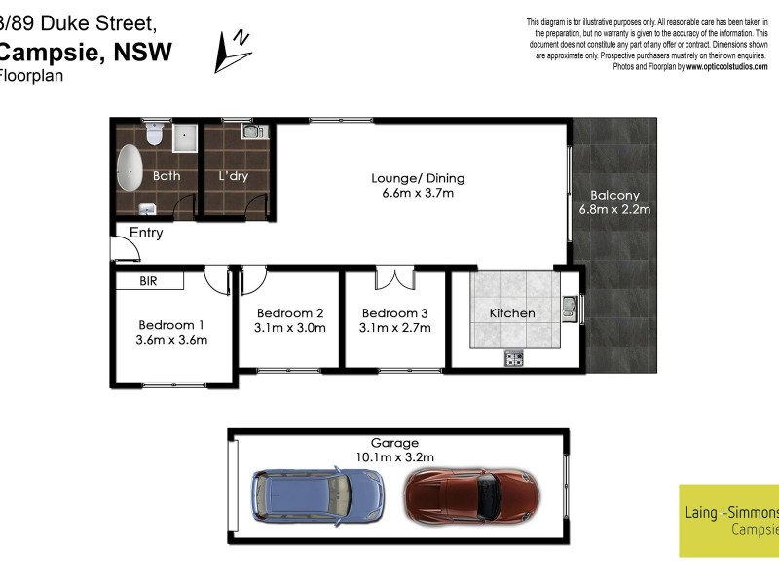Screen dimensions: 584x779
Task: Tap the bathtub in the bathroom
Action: tap(130, 168)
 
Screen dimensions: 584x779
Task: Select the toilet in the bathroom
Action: tap(153, 134)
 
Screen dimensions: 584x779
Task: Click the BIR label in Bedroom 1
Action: tap(149, 281)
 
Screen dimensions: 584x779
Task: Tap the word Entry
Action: tap(146, 234)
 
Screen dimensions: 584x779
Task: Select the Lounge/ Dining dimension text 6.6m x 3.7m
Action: tap(418, 194)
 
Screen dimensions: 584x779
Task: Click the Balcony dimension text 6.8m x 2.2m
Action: tap(614, 209)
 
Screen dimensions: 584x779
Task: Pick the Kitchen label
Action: tap(512, 313)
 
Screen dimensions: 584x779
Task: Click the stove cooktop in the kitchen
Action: tap(514, 360)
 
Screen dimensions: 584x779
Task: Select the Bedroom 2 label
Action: tap(290, 312)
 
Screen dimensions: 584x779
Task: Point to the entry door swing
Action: tap(122, 250)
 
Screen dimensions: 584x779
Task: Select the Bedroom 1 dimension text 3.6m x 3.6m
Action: tap(172, 340)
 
